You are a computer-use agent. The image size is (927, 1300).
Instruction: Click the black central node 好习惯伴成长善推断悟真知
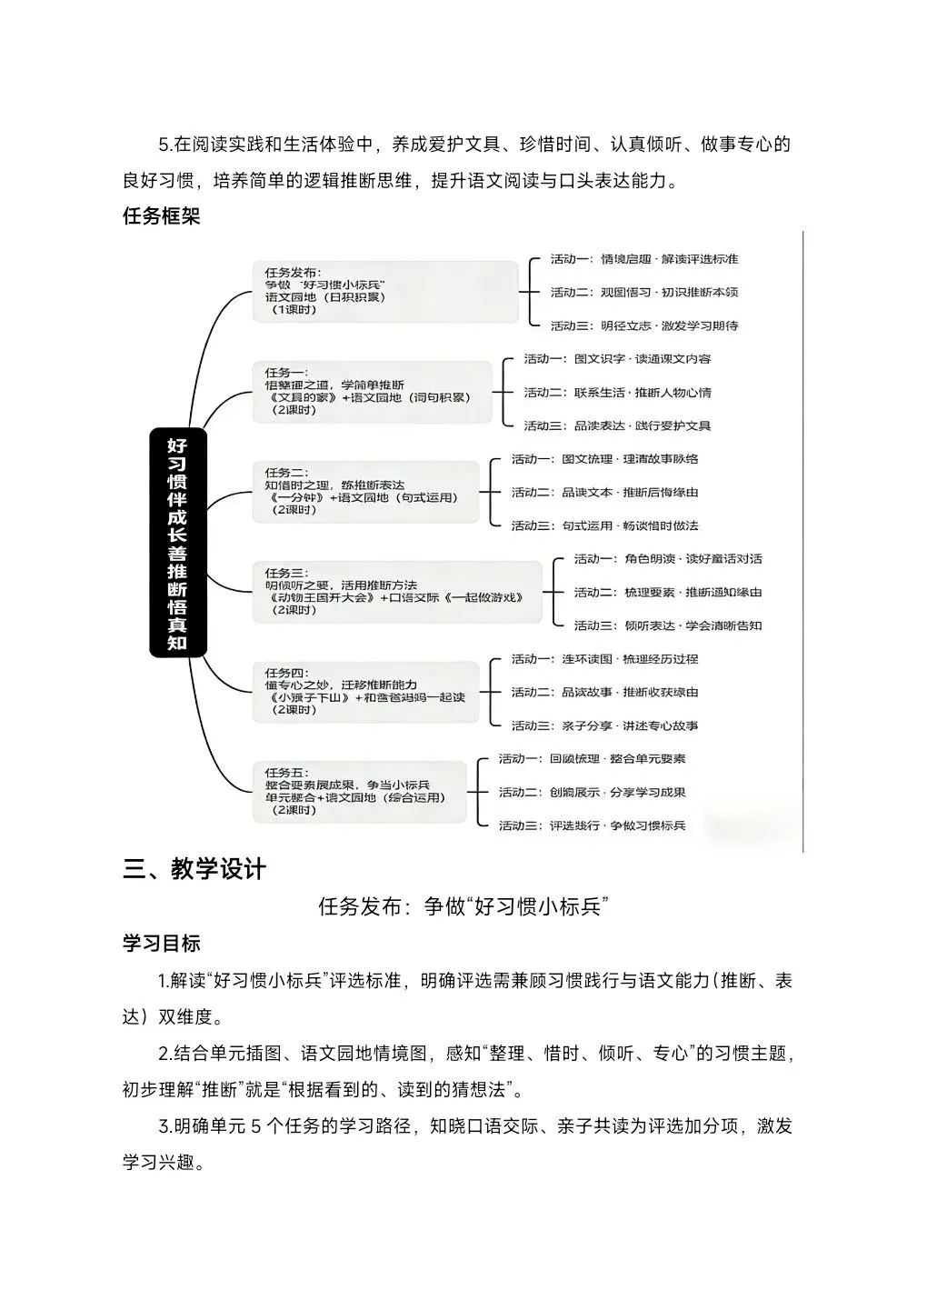[177, 543]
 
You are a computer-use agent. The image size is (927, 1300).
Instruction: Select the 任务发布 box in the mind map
[384, 291]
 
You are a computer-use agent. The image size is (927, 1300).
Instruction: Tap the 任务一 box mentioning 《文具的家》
[372, 391]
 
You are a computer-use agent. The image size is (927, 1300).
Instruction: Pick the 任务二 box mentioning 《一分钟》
[365, 491]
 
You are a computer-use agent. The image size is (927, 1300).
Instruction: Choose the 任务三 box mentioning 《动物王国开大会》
[396, 591]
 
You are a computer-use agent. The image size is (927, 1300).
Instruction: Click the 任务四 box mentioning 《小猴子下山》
[365, 691]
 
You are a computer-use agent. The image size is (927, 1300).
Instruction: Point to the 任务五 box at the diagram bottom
[359, 791]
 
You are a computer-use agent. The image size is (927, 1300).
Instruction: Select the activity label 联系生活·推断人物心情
[617, 393]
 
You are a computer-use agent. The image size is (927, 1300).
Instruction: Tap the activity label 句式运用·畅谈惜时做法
[604, 525]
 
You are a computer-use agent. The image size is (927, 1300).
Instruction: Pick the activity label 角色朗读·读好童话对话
[667, 559]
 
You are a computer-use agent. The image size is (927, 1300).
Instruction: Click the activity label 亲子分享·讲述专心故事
[604, 725]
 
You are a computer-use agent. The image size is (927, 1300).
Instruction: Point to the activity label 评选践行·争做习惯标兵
[592, 825]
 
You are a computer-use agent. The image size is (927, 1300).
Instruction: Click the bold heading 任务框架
[161, 216]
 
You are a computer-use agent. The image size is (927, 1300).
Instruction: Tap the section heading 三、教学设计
[194, 869]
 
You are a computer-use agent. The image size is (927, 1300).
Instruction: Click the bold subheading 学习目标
[161, 943]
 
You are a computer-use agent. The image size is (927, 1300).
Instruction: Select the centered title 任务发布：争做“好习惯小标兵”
[463, 906]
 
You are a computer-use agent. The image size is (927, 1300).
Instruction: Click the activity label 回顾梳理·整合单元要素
[592, 759]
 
